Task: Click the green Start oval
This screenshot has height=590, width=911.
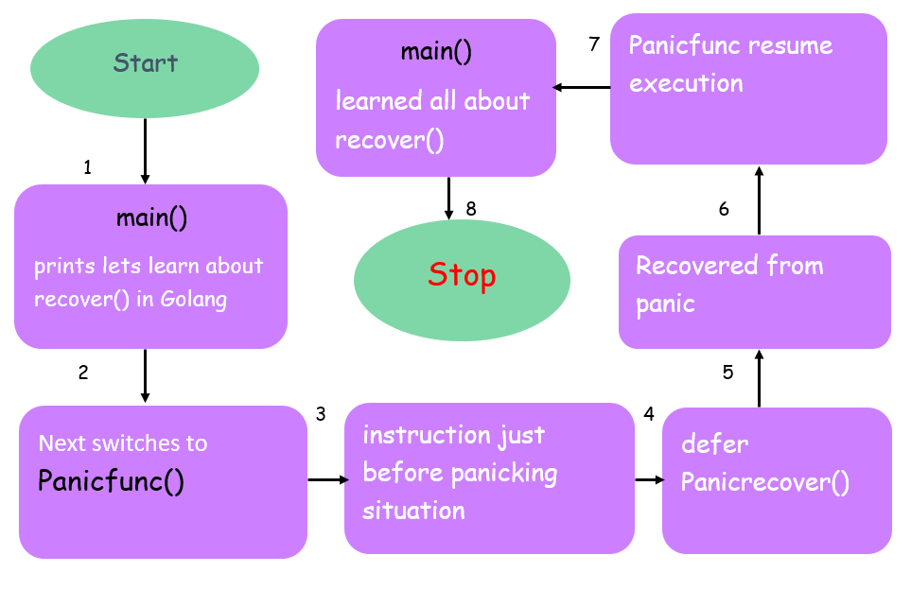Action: [x=145, y=65]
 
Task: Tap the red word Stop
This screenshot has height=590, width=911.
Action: [x=462, y=275]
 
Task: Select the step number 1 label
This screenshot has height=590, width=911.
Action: [x=88, y=168]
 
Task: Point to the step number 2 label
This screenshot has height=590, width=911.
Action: [x=83, y=373]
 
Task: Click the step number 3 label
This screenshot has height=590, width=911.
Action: [x=321, y=414]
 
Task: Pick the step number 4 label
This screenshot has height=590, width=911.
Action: [x=648, y=414]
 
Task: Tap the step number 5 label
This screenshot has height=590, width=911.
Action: [x=727, y=373]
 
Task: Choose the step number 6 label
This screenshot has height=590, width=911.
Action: [x=724, y=209]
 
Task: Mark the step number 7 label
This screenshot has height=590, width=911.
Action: [x=594, y=44]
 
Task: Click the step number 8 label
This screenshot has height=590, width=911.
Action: [x=470, y=209]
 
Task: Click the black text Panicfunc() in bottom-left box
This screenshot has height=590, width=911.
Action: [x=111, y=481]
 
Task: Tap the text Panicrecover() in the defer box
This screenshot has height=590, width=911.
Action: [x=764, y=483]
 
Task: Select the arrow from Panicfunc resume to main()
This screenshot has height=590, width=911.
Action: [x=582, y=88]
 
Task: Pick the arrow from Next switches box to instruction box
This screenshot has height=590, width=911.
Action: [x=327, y=480]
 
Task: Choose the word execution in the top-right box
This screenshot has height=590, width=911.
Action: [x=686, y=83]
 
